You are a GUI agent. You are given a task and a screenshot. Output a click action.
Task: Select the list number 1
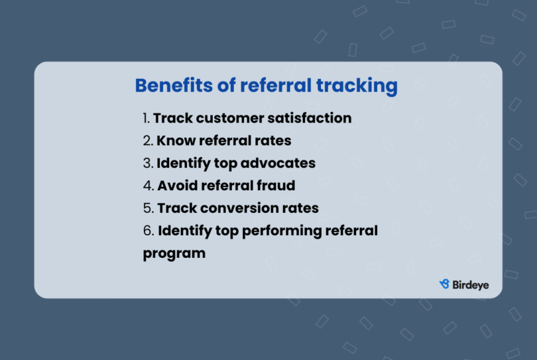[146, 119]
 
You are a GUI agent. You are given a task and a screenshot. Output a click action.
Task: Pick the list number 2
[147, 141]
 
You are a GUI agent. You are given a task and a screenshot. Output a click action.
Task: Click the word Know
[174, 141]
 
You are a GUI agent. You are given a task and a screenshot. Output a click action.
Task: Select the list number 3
[147, 163]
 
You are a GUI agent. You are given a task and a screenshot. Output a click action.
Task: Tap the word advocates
[281, 163]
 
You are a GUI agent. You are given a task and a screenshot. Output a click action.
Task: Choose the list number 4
[148, 186]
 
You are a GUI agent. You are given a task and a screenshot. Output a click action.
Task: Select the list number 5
[148, 208]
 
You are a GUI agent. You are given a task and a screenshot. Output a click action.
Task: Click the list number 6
[148, 231]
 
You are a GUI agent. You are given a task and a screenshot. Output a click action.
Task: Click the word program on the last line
[174, 254]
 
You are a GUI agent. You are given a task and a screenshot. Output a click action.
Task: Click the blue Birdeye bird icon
[445, 284]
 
